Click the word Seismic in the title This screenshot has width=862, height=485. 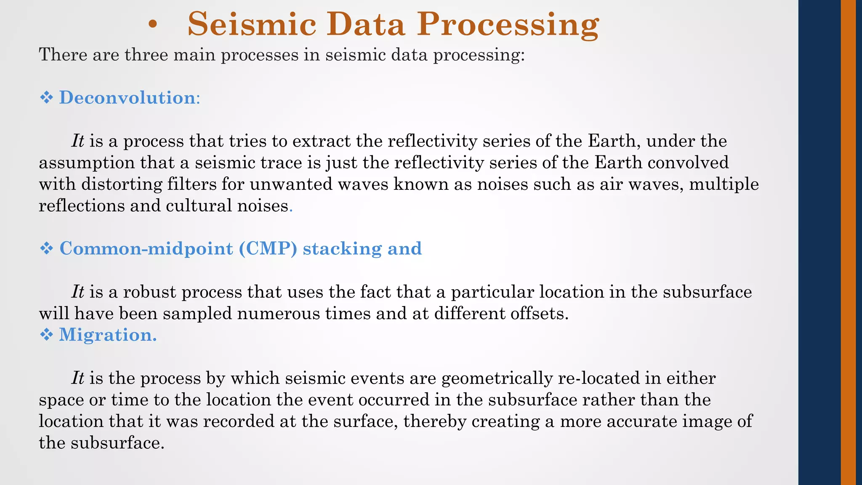coord(251,24)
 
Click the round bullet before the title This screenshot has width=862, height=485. coord(153,26)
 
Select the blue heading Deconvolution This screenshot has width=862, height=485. coord(128,98)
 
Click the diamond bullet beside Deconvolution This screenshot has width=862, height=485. coord(46,98)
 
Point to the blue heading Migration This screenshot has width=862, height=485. coord(107,335)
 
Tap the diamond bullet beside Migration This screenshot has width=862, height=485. coord(46,335)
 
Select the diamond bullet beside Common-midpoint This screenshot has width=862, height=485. coord(46,248)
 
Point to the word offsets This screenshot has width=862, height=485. coord(538,314)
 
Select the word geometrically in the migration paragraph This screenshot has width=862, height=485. coord(497,378)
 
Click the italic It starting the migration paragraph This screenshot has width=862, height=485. coord(78,378)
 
